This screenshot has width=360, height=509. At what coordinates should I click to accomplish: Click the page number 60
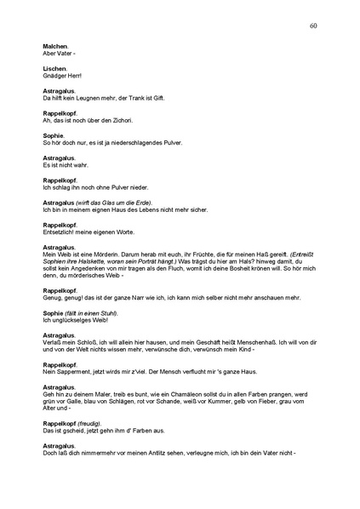(x=314, y=26)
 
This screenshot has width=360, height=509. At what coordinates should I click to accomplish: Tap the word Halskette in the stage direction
(x=93, y=260)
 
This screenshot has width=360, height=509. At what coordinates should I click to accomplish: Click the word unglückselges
(x=70, y=322)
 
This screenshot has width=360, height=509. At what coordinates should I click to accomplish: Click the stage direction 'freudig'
(x=90, y=422)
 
